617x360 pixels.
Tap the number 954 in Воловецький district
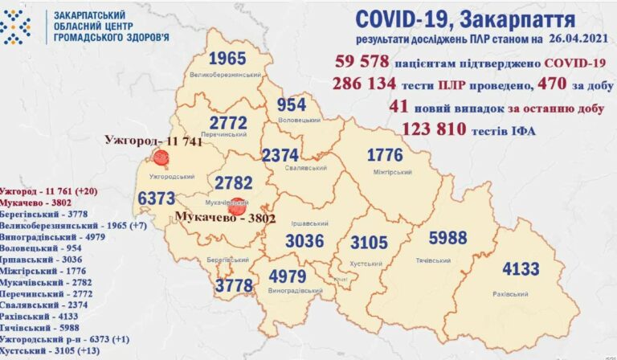(x=292, y=105)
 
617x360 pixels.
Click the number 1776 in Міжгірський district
(x=390, y=154)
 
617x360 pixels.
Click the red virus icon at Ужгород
(x=161, y=157)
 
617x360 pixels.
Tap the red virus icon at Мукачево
(x=235, y=205)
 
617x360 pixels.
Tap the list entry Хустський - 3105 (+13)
(x=50, y=351)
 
